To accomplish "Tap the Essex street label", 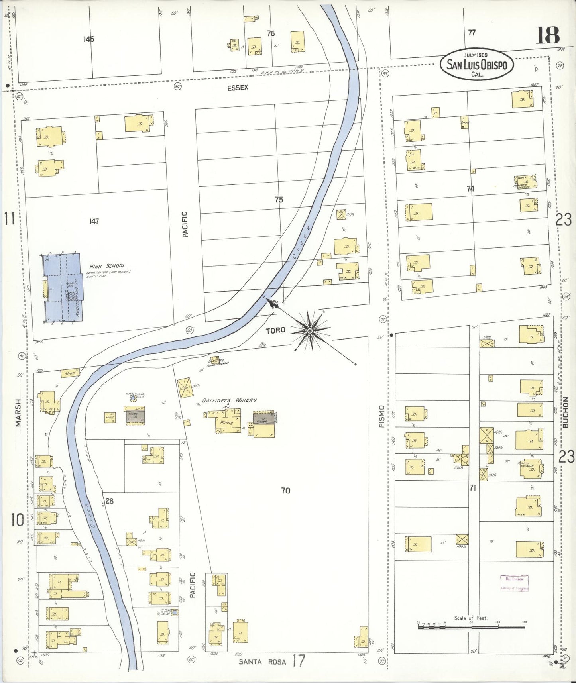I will click(x=238, y=88).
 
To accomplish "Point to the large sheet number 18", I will click(x=547, y=35).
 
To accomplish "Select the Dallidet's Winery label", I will click(x=229, y=400).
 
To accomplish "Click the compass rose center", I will click(x=310, y=330).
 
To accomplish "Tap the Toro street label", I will click(x=275, y=330).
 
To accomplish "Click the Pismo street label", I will click(x=381, y=416).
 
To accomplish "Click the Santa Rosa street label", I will click(x=262, y=662).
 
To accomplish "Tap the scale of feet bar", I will click(x=472, y=626).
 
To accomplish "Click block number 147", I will click(x=94, y=221).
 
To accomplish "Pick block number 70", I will click(x=285, y=491).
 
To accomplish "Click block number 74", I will click(x=470, y=188).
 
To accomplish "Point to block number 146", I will click(x=89, y=39).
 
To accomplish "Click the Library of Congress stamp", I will click(x=514, y=583).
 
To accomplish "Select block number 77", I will click(x=472, y=33).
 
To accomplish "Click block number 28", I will click(x=109, y=501).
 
